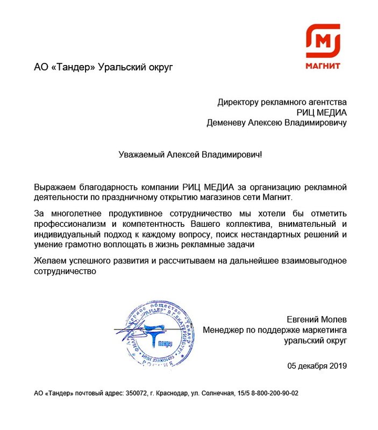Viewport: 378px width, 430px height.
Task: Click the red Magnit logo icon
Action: click(x=323, y=41)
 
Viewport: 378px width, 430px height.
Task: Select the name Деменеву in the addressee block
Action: click(x=226, y=123)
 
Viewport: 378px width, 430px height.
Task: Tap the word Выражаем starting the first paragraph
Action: click(x=54, y=187)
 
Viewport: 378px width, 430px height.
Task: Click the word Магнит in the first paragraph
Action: click(x=276, y=197)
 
